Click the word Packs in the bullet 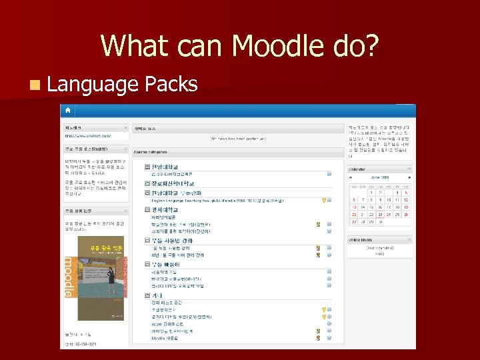171,84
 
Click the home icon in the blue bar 68,109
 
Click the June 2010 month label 379,178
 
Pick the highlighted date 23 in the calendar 379,214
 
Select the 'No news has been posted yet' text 238,139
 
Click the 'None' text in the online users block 379,253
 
